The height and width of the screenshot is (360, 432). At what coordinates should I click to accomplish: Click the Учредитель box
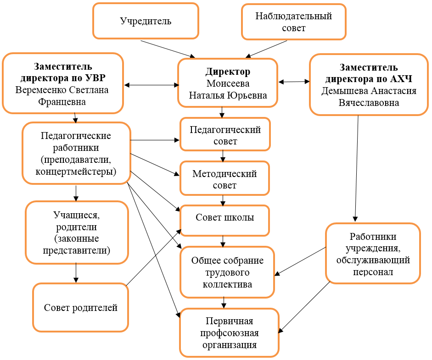pos(146,21)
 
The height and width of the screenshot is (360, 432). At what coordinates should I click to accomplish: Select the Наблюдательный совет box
pos(294,22)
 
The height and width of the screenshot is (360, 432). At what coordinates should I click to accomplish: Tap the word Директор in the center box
pos(228,72)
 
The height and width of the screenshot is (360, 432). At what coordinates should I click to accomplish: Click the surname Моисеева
pos(228,83)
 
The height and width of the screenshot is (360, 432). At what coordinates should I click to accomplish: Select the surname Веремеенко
pos(41,90)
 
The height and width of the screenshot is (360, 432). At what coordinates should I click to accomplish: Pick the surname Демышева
pos(344,91)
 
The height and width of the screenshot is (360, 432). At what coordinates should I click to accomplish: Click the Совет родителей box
pos(80,307)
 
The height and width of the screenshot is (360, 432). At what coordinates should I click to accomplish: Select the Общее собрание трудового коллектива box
pos(227,272)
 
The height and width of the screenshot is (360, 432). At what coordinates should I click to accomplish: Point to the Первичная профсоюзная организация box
pos(229,333)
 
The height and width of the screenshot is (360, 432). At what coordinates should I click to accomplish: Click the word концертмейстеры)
pos(76,172)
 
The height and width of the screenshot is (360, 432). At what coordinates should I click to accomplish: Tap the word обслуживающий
pos(373,260)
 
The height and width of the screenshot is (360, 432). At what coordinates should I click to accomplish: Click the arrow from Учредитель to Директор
pos(168,49)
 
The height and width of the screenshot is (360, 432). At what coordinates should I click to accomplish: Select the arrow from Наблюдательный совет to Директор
pos(266,49)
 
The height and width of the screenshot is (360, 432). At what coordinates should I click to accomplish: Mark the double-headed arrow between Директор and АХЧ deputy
pos(294,82)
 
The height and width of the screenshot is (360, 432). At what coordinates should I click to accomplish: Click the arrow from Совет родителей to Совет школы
pos(154,257)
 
